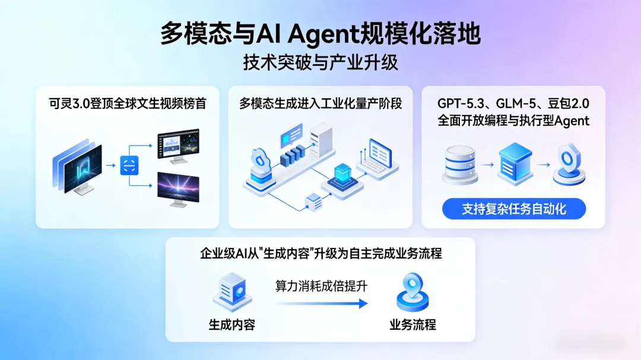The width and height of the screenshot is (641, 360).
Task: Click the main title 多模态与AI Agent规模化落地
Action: (x=320, y=34)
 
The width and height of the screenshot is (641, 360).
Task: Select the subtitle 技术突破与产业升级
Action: (x=320, y=62)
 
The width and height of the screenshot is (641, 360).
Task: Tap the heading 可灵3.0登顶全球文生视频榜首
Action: (x=128, y=104)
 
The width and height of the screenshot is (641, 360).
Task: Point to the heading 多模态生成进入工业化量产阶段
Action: (x=320, y=104)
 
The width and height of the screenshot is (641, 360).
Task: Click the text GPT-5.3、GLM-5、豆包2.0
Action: (x=513, y=104)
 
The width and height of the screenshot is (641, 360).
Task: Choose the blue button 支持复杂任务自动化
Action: (x=513, y=209)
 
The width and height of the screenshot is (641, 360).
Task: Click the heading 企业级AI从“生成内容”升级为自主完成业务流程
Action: (x=320, y=254)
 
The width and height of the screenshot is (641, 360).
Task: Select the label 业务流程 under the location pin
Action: (x=412, y=324)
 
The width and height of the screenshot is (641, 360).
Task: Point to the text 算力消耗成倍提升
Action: (x=321, y=286)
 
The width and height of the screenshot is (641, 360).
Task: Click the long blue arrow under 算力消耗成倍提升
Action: (x=321, y=304)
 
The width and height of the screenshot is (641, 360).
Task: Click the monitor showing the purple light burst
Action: (x=177, y=189)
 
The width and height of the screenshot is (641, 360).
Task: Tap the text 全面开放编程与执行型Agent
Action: (x=513, y=120)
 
